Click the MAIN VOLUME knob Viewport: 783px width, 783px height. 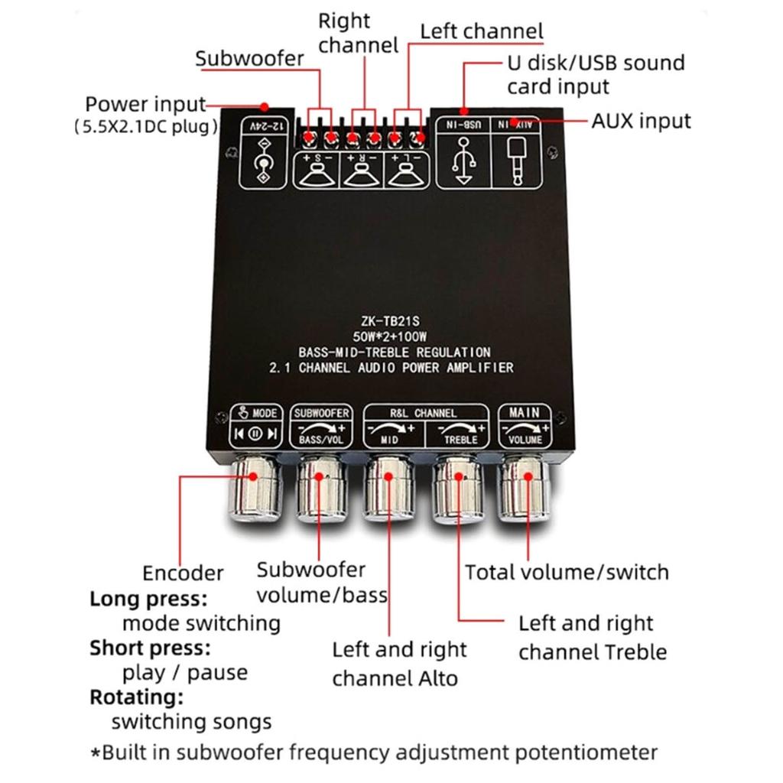point(525,489)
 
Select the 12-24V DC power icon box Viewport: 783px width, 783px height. point(263,154)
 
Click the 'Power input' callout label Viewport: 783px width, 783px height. point(145,105)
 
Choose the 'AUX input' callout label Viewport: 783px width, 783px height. point(641,121)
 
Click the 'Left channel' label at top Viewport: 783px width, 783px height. point(482,32)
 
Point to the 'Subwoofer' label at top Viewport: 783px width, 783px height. point(249,59)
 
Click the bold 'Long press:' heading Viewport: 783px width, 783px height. point(148,598)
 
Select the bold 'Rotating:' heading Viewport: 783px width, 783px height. point(136,697)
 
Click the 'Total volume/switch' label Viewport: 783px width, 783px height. point(567,572)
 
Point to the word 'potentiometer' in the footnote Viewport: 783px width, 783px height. point(584,752)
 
